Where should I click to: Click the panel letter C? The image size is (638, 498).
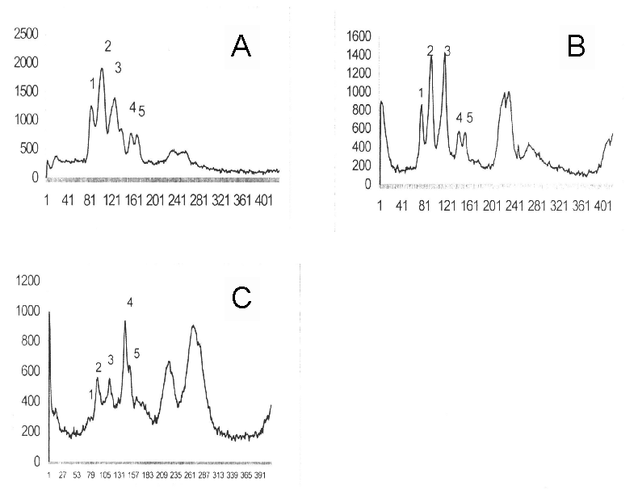click(241, 297)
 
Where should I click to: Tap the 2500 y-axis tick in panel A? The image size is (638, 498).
click(23, 34)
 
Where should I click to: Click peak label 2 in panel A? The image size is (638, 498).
click(107, 45)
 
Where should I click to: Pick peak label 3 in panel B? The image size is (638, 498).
click(447, 51)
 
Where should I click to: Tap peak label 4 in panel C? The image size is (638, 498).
click(129, 303)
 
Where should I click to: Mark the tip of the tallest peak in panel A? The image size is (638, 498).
click(102, 69)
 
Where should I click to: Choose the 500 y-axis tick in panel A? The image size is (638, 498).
click(27, 149)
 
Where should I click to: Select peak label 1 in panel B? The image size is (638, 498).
click(421, 94)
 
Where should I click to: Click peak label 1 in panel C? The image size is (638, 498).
click(91, 393)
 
